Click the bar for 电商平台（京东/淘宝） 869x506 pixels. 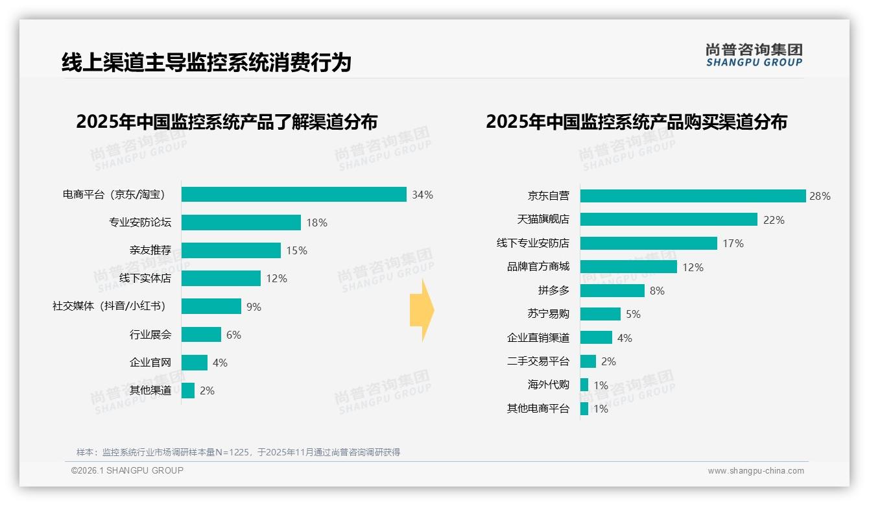point(294,195)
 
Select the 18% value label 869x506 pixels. point(316,223)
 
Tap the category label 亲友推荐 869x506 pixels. point(150,250)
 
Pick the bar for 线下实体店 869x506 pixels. point(220,278)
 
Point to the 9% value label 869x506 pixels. point(254,307)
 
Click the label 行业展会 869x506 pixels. point(150,335)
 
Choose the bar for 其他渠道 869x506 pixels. point(187,391)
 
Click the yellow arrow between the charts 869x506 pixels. point(422,311)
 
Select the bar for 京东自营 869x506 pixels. point(693,196)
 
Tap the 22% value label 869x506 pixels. point(774,220)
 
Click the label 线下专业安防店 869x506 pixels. point(532,243)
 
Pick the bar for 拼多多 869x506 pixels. point(612,291)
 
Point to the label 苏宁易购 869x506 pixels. point(548,314)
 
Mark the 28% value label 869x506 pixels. point(820,196)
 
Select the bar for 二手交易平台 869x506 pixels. point(588,361)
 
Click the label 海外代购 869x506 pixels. point(548,385)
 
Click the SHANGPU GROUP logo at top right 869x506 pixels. point(754,55)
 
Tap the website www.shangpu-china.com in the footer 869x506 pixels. point(756,471)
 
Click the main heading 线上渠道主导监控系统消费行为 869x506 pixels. point(206,62)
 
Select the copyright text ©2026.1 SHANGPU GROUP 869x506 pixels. point(127,470)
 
